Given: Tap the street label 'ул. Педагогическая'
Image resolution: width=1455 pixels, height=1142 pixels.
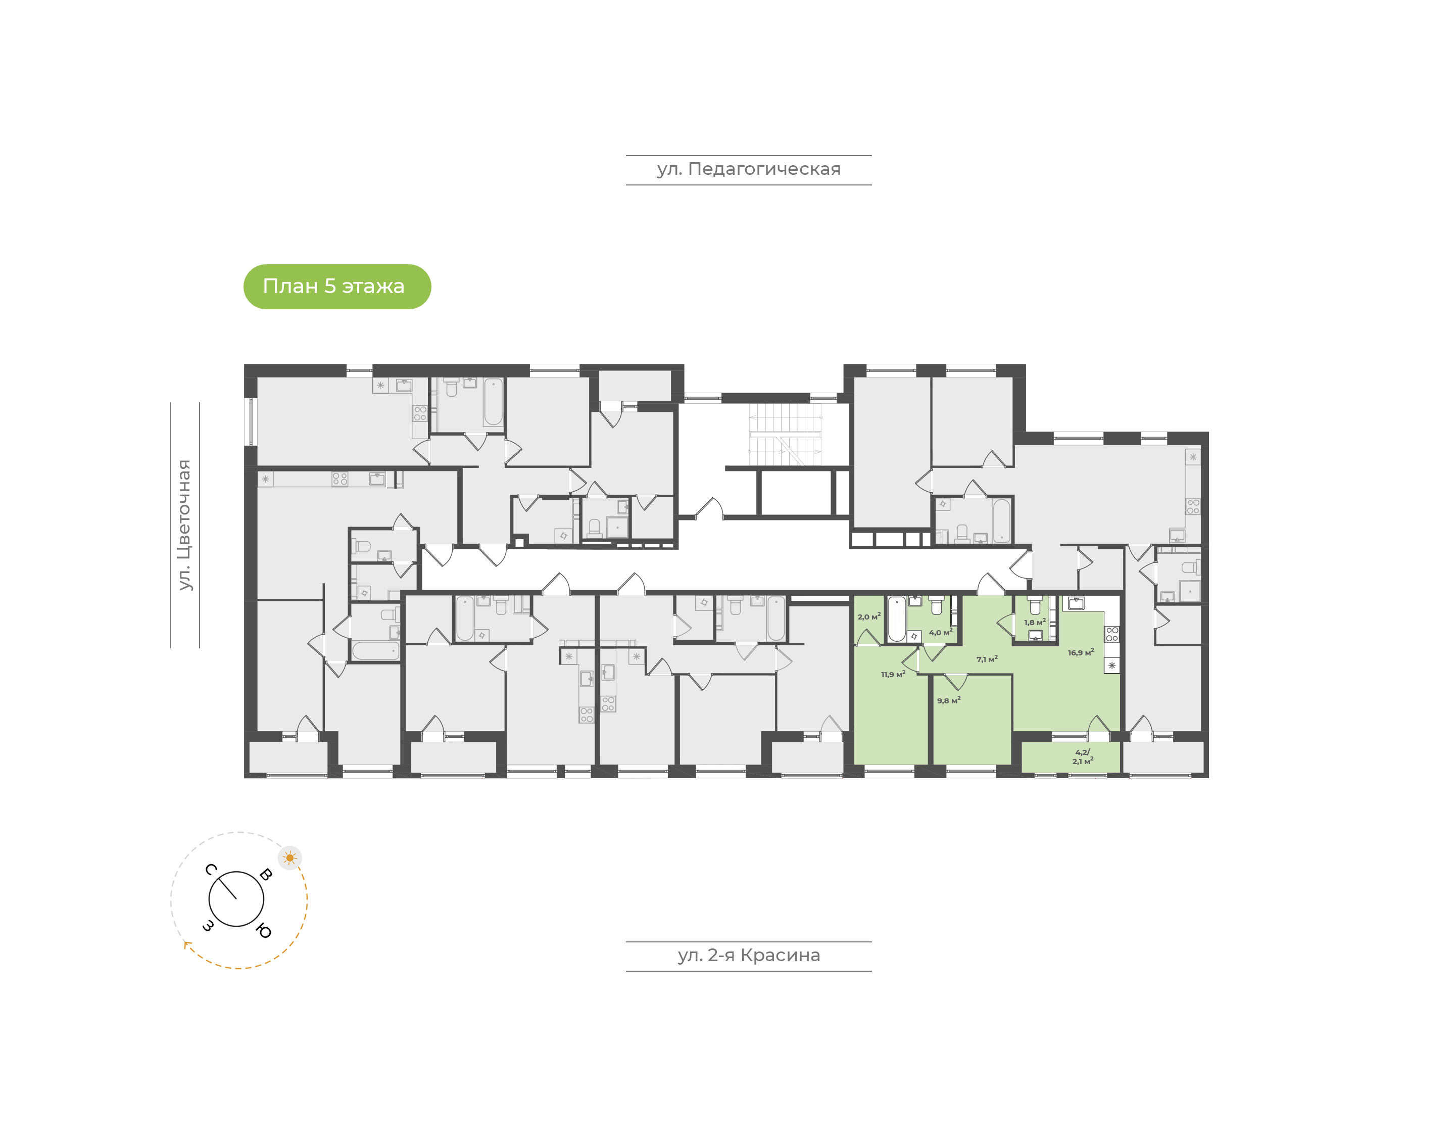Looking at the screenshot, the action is (749, 169).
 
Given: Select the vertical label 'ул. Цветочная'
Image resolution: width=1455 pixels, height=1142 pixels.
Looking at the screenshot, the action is (184, 525).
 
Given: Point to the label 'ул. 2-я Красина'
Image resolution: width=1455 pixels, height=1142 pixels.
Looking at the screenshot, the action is (749, 956).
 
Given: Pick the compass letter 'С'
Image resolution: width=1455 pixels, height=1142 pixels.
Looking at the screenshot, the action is (211, 869).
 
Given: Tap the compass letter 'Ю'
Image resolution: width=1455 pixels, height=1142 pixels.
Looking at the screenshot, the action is (264, 931).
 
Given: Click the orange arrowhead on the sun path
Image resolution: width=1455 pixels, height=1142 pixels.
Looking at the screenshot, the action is (187, 944).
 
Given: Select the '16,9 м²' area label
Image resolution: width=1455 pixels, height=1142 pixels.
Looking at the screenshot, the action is (1080, 652).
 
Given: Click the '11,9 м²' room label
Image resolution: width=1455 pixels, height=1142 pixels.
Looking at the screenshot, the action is (893, 674).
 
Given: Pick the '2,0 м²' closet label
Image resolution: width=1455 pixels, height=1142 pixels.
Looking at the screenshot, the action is (869, 616).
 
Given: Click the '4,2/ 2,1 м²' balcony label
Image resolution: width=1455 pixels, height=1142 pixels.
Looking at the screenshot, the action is (1083, 756).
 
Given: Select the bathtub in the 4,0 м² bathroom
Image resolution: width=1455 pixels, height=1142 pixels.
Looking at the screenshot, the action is (896, 619).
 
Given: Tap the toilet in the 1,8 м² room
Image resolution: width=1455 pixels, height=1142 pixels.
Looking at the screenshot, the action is (1035, 605).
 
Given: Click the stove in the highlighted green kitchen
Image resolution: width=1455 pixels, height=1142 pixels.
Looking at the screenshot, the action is (1111, 634).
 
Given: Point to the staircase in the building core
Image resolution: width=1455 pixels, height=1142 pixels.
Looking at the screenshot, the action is (785, 435).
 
